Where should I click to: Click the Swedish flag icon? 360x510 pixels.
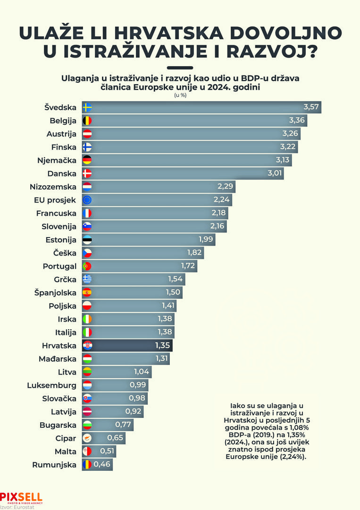87,107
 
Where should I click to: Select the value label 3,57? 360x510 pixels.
312,107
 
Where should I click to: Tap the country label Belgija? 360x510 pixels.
63,120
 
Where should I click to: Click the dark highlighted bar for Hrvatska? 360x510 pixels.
127,345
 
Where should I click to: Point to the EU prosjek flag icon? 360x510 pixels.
87,200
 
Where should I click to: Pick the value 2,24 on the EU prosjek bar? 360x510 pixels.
221,200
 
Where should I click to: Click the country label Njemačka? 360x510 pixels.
57,160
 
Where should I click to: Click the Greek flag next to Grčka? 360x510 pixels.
87,279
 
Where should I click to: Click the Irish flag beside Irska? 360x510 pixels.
87,319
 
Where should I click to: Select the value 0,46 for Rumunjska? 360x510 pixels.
103,465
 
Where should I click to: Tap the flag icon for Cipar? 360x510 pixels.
87,438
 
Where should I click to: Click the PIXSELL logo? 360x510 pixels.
21,498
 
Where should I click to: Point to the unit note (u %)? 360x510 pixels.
180,95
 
